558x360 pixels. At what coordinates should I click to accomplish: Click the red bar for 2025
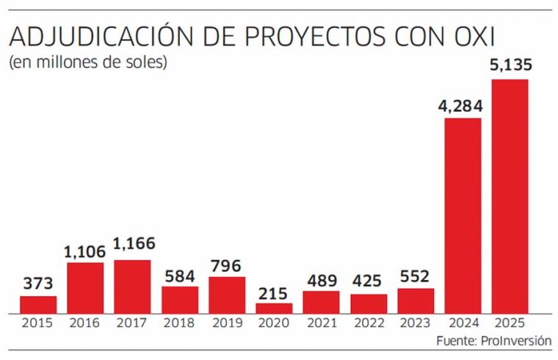click(510, 196)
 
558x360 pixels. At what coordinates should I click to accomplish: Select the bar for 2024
click(463, 215)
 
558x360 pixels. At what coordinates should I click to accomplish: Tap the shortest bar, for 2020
click(274, 308)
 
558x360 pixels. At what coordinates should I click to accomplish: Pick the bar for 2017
click(132, 287)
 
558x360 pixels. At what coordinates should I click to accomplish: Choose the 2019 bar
click(227, 295)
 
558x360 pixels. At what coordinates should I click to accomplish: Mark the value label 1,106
click(85, 251)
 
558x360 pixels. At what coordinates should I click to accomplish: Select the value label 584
click(180, 276)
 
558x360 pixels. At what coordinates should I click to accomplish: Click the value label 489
click(321, 280)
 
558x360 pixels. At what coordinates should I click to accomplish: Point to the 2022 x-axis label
click(368, 323)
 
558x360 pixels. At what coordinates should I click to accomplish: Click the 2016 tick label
click(85, 323)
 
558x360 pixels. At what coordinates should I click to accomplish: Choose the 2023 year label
click(416, 323)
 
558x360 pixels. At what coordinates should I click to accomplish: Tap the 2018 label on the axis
click(180, 323)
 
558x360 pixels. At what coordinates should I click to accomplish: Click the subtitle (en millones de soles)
click(88, 62)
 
